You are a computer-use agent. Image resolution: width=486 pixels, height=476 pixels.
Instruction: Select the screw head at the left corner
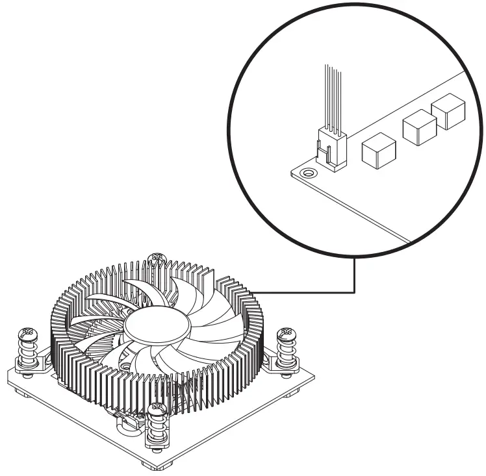[x=27, y=335]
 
